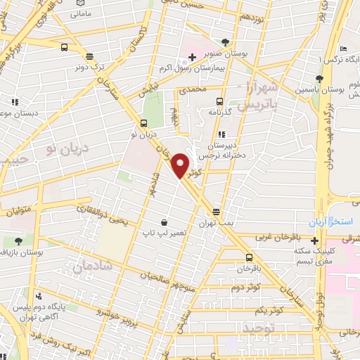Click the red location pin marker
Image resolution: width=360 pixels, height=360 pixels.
(181, 165)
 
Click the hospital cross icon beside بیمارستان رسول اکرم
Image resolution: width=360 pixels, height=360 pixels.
(192, 56)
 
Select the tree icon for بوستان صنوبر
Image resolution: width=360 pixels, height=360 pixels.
(225, 41)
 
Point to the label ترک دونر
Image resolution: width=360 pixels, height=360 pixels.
(89, 68)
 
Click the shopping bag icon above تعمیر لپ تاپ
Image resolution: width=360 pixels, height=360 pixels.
(164, 221)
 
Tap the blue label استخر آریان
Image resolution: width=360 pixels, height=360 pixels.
(339, 222)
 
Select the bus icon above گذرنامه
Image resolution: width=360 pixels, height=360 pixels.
(220, 101)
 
